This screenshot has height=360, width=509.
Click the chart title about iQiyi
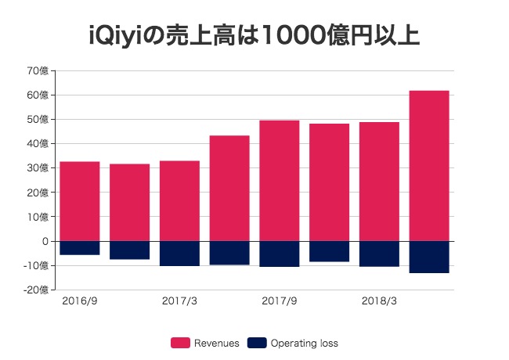coord(254,36)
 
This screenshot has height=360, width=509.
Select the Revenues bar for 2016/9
coord(80,201)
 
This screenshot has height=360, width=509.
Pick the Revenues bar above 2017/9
coord(280,181)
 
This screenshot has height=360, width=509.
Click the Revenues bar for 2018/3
coord(379,182)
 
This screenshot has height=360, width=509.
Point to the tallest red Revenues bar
coord(429,166)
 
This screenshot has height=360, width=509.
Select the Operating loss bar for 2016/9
coord(80,248)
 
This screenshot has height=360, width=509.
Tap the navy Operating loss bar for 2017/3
coord(179,254)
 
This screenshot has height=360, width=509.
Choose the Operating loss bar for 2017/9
coord(280,254)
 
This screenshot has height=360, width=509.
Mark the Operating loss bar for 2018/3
coord(379,254)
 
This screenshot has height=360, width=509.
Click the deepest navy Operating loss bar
coord(429,257)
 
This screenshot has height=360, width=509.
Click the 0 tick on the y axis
coord(45,241)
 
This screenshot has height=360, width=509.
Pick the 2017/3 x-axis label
coord(179,301)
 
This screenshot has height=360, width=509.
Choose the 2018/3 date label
coord(380,301)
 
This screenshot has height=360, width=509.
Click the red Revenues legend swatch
coord(180,343)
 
